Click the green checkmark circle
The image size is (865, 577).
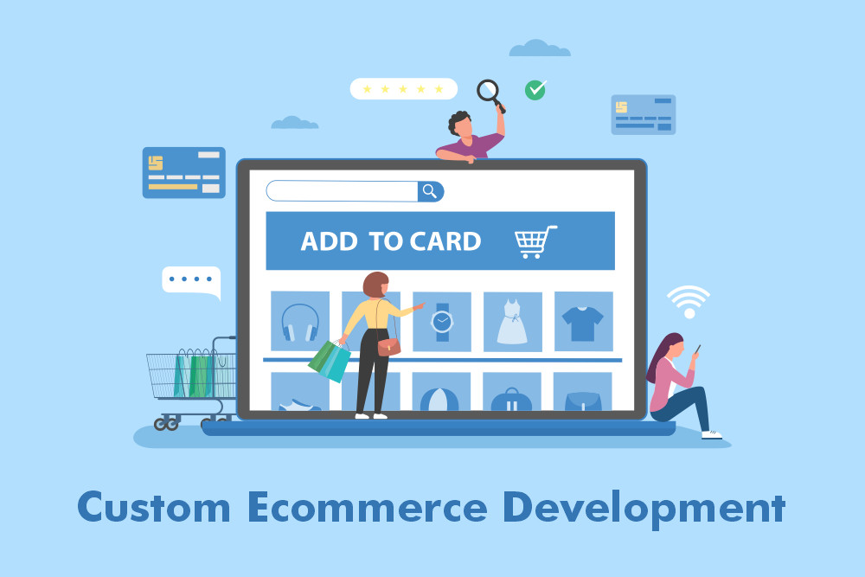[535, 89]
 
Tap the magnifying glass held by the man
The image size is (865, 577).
[489, 91]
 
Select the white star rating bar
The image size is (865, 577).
[403, 89]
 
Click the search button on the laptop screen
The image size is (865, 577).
[430, 191]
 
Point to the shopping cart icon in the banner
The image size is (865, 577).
[535, 241]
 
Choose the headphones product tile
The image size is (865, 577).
[300, 321]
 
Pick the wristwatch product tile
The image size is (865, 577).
[442, 321]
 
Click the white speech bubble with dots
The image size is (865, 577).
[191, 280]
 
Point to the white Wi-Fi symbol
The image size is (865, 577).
[689, 300]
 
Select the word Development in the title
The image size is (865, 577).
[644, 508]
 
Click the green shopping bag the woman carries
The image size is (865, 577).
[330, 360]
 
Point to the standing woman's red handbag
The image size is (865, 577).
[389, 346]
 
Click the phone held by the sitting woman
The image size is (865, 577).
[697, 349]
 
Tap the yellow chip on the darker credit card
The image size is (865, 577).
[156, 163]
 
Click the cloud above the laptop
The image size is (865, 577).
[540, 48]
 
